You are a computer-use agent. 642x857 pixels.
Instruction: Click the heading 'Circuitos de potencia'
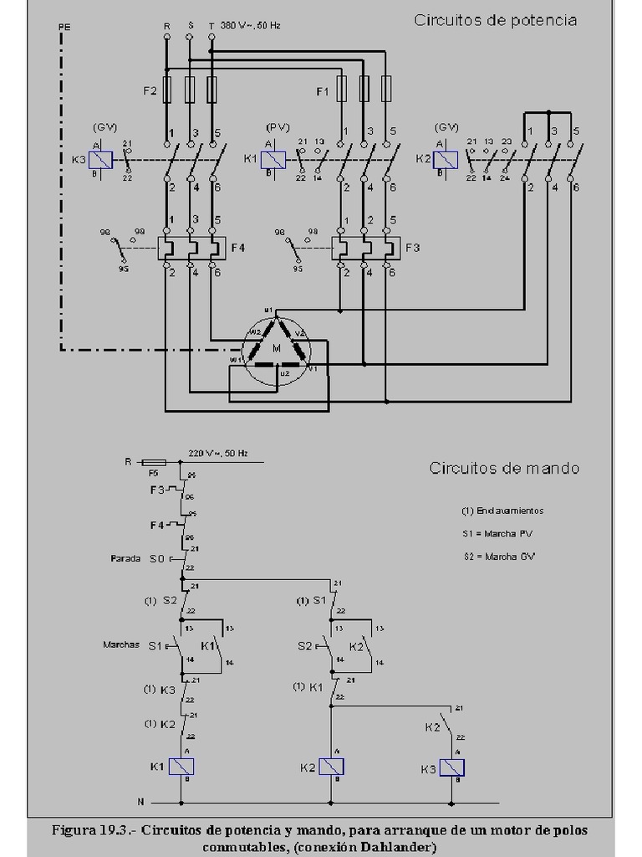(495, 20)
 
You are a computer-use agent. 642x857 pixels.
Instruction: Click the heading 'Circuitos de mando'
(503, 468)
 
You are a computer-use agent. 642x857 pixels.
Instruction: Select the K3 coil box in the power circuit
(101, 157)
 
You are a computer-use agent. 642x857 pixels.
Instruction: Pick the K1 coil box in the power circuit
(275, 157)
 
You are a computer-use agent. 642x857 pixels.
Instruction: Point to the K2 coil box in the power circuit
(446, 158)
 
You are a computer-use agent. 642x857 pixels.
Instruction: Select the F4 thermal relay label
(237, 248)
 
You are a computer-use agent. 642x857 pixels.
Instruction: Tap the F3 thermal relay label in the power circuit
(412, 248)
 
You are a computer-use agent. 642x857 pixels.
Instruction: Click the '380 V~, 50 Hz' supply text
(250, 26)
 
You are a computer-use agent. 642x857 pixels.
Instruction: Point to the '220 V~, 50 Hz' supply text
(219, 453)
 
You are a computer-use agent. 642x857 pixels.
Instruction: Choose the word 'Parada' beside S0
(125, 558)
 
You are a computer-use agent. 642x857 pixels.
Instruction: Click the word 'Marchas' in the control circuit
(120, 644)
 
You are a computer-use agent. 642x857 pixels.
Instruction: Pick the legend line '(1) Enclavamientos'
(502, 511)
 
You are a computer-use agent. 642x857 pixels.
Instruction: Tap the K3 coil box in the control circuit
(452, 767)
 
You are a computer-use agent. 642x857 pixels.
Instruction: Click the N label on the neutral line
(140, 802)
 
